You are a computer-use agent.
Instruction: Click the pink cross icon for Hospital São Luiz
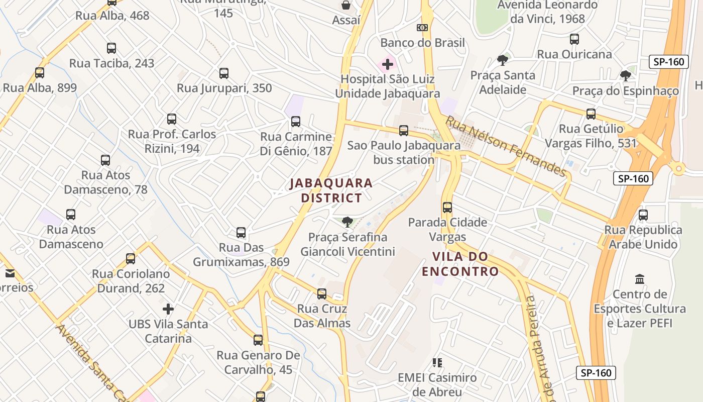(387, 64)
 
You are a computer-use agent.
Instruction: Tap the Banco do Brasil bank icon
(422, 28)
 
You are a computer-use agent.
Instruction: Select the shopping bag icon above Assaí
(346, 6)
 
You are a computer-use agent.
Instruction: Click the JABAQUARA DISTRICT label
(331, 190)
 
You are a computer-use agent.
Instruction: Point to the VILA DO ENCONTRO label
(460, 264)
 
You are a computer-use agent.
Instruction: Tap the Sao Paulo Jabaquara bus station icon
(404, 131)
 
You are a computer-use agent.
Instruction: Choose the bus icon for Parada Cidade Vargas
(447, 207)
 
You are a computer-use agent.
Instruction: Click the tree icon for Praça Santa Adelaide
(502, 60)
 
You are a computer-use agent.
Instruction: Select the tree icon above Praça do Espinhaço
(626, 76)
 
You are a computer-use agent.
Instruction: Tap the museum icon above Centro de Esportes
(640, 279)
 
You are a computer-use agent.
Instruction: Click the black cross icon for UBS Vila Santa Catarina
(168, 309)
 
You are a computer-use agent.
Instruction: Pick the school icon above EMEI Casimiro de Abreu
(437, 362)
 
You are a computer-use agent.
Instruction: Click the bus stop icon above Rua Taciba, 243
(111, 48)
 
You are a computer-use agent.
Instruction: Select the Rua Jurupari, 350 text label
(224, 88)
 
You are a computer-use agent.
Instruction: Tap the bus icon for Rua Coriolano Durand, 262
(131, 259)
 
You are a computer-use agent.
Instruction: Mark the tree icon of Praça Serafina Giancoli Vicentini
(347, 222)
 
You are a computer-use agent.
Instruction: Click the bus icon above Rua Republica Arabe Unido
(643, 215)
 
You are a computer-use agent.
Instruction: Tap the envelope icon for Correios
(10, 273)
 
